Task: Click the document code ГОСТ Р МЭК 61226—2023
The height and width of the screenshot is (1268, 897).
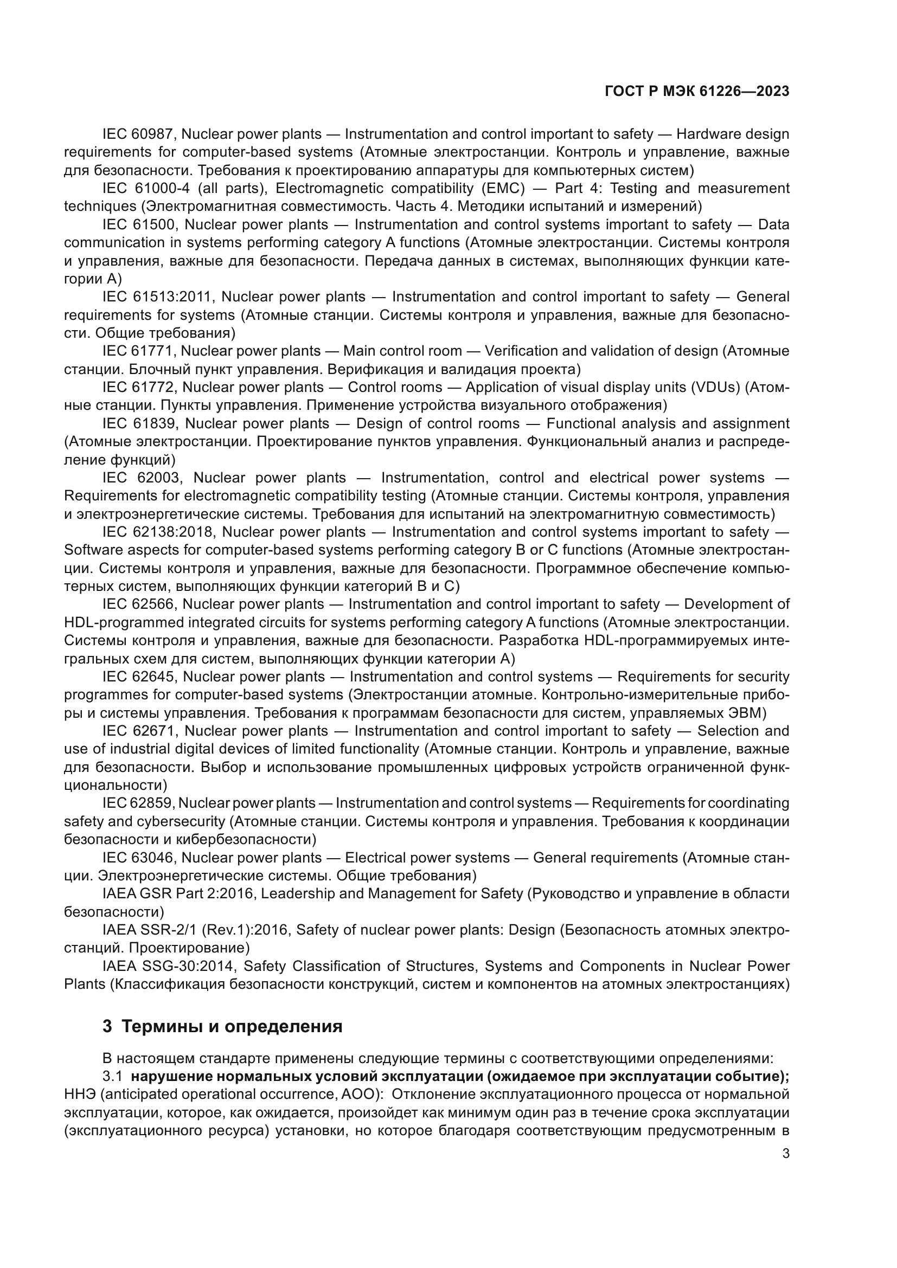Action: point(697,92)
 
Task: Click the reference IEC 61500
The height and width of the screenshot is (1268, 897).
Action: point(139,225)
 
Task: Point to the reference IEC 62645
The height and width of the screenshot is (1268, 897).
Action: point(138,677)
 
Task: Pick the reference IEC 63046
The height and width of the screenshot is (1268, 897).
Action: point(138,858)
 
